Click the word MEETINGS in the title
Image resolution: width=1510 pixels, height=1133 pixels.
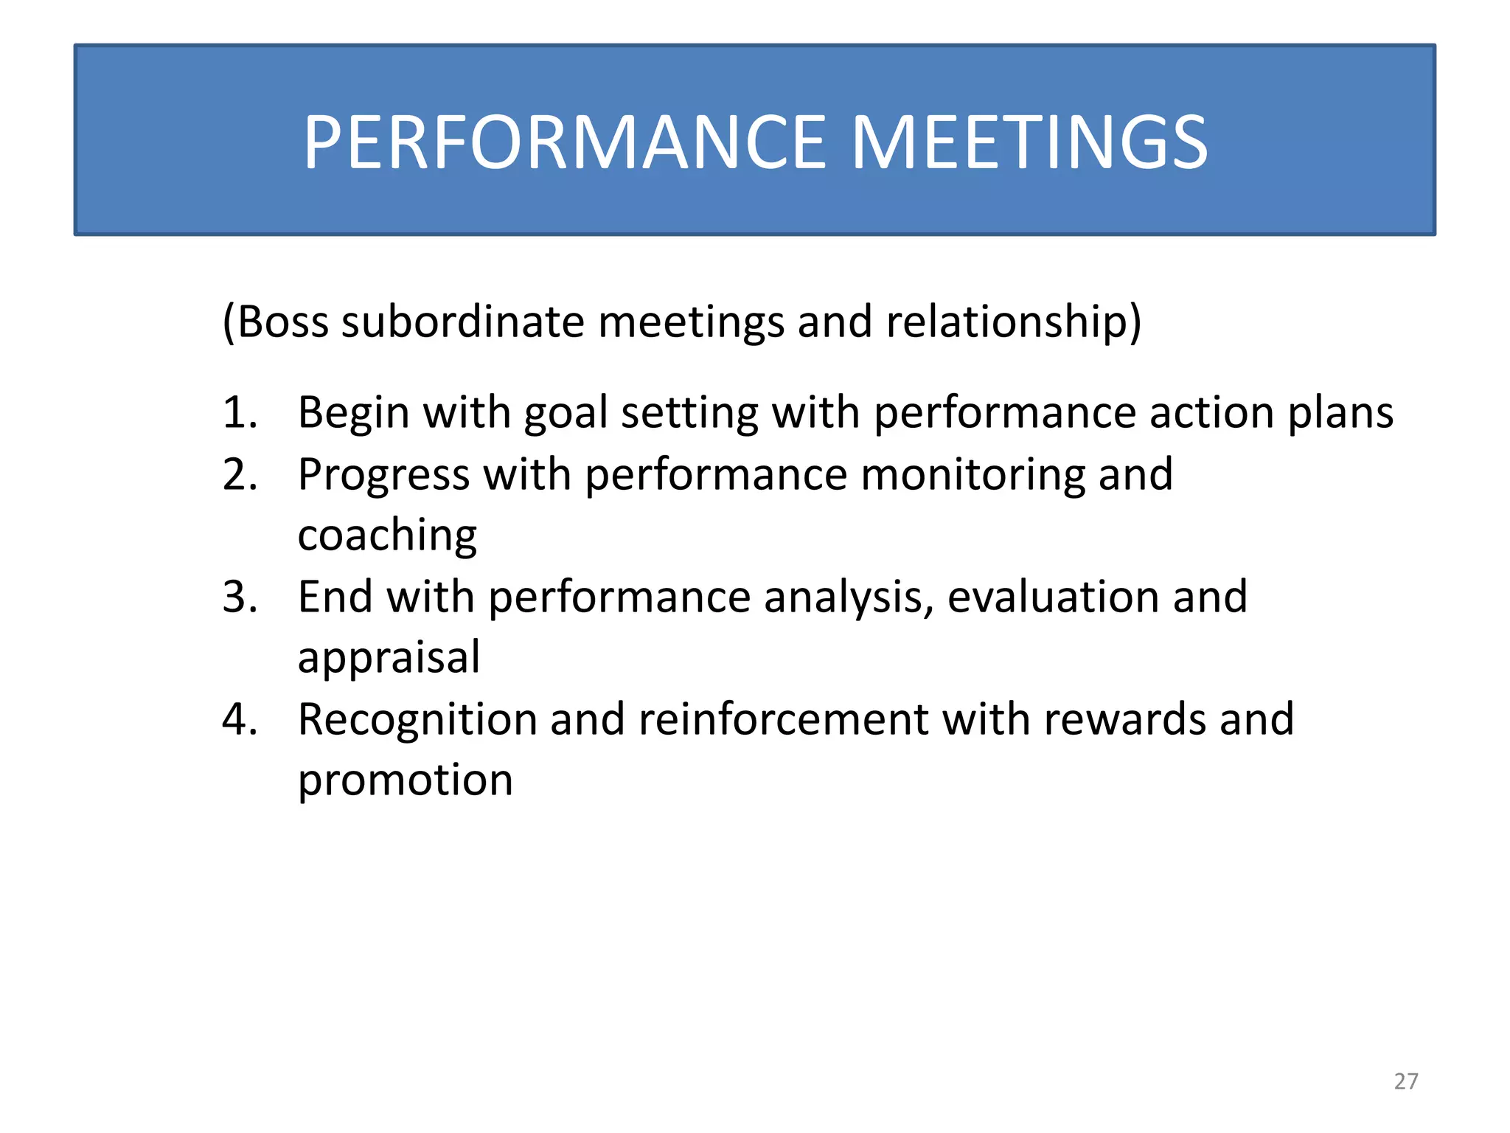click(x=1029, y=143)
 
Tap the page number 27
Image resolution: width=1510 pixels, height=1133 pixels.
click(x=1405, y=1081)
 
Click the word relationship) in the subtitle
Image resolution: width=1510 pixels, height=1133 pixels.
click(x=1013, y=322)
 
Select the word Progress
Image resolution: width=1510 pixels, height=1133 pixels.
click(x=383, y=476)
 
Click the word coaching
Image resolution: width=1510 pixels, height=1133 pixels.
click(x=387, y=537)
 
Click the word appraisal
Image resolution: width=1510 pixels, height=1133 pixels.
click(x=389, y=659)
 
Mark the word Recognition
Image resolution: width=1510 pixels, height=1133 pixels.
click(x=417, y=721)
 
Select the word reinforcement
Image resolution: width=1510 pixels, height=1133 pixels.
click(x=783, y=719)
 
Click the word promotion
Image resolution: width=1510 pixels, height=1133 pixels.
click(x=405, y=780)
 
